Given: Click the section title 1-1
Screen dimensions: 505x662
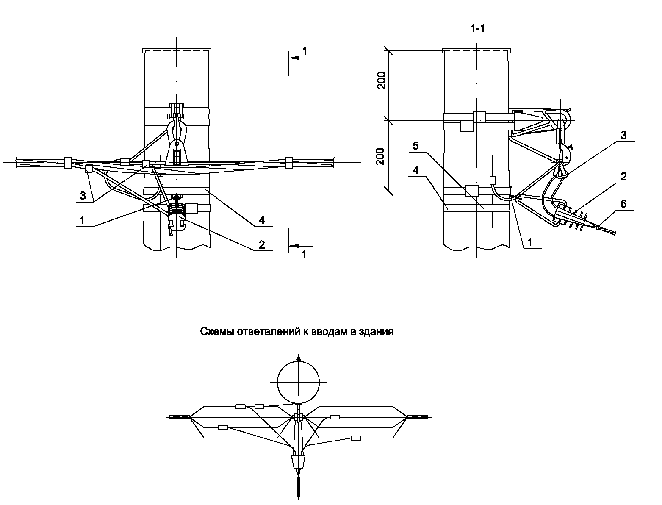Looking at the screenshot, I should click(477, 29).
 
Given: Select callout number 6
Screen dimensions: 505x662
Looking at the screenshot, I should click(623, 204).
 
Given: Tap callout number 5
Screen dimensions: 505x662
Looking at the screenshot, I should click(415, 146).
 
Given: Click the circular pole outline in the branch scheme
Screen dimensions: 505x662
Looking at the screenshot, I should click(298, 382).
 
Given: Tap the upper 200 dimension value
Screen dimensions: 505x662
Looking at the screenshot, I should click(382, 81).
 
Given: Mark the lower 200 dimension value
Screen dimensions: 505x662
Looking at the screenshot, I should click(381, 156).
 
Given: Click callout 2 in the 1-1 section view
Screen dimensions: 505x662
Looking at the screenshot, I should click(623, 177).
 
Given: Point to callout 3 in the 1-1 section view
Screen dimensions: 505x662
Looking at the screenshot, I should click(623, 136).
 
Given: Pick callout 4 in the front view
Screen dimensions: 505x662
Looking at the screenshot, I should click(262, 220).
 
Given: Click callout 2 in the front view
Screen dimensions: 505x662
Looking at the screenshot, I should click(262, 244).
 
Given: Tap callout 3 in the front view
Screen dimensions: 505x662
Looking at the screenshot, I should click(83, 196).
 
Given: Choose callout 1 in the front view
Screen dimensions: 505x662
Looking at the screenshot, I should click(83, 220).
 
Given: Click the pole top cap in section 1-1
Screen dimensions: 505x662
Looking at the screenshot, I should click(475, 51).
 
